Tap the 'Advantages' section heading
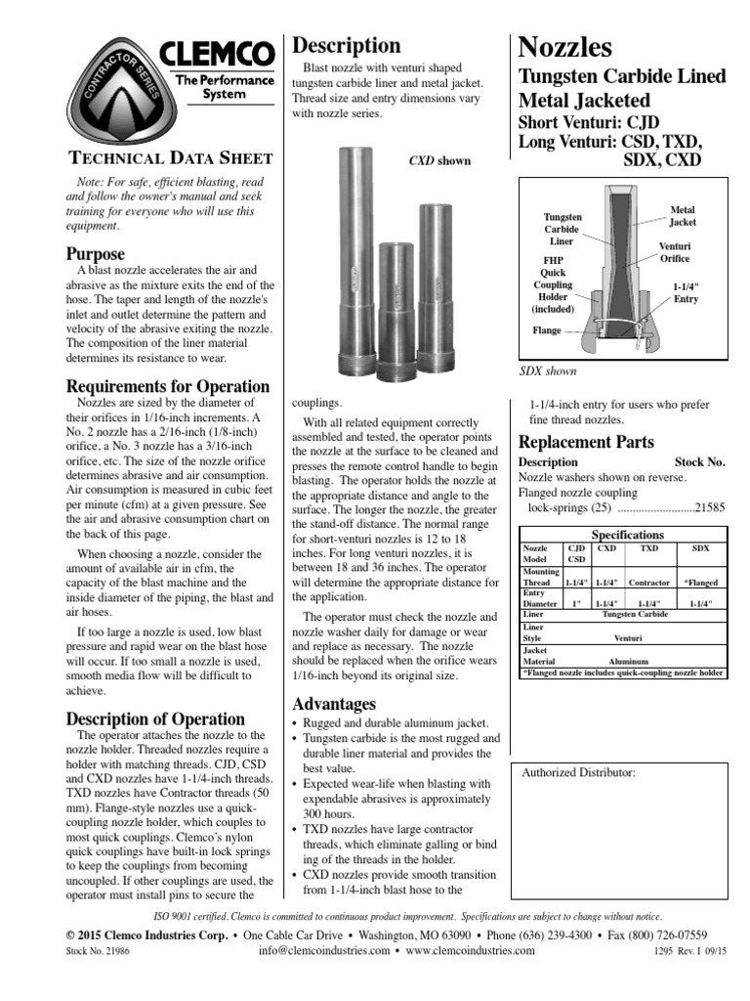click(334, 704)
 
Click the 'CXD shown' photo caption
click(438, 161)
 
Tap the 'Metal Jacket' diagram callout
click(683, 216)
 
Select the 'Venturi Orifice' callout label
click(675, 251)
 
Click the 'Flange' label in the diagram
click(546, 330)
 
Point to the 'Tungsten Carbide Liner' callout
click(562, 228)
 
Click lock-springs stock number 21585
click(709, 508)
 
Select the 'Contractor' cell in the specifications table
click(648, 582)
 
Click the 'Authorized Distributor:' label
click(579, 772)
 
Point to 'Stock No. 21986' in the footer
click(96, 951)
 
